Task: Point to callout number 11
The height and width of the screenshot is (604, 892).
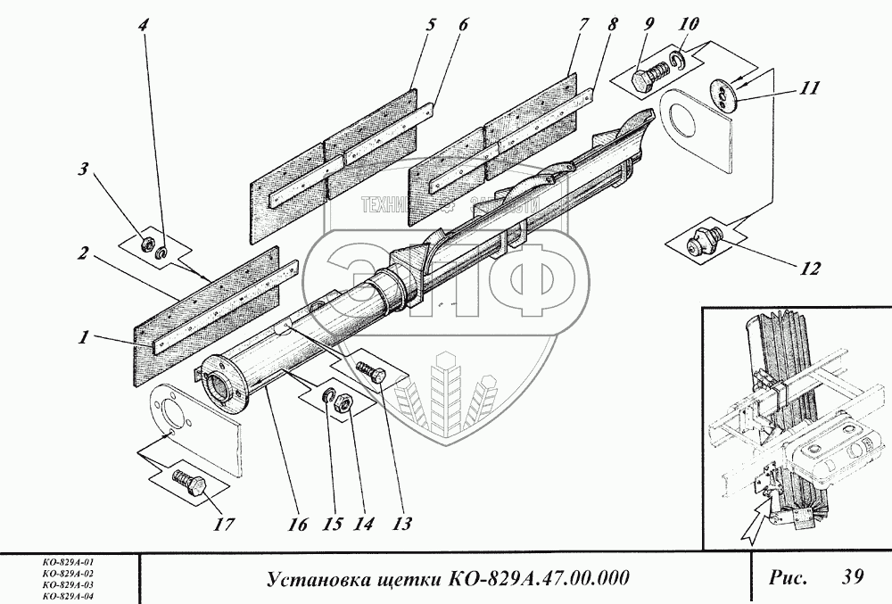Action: click(810, 89)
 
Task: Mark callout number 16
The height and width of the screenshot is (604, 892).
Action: click(299, 524)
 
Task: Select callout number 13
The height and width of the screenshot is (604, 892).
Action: click(403, 524)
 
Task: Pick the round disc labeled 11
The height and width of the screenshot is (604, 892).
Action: click(723, 94)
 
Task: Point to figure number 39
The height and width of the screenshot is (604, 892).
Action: click(850, 577)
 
